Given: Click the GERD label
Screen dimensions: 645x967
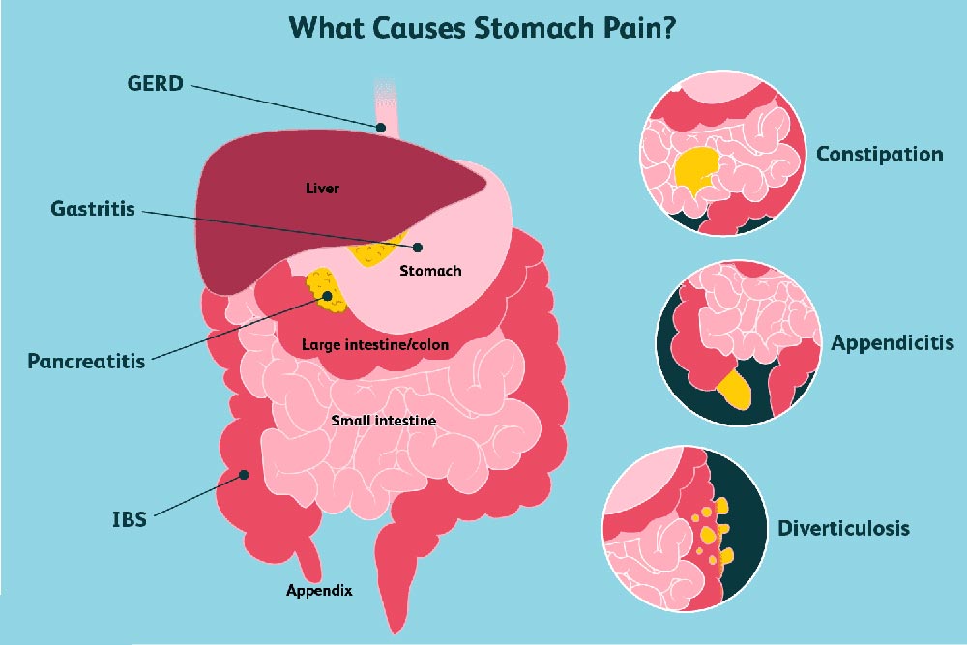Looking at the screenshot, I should coord(155,83).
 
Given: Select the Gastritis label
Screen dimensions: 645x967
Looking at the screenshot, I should coord(93,210).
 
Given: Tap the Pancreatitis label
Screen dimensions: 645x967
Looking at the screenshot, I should coord(86,362).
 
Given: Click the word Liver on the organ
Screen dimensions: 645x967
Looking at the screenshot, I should coord(322,189).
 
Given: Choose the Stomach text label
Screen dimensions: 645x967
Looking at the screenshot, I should coord(430,271).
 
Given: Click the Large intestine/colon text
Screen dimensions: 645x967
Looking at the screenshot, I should coord(374,344).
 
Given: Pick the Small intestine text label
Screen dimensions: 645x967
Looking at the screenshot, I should coord(384,421).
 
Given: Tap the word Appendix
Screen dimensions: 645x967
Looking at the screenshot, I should coord(319,589).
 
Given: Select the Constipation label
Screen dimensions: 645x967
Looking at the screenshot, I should coord(879,154).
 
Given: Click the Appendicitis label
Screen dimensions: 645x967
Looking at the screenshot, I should coord(893,342).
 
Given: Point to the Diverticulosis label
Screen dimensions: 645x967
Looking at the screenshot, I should coord(843,529).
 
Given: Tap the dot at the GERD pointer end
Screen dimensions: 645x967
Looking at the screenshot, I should coord(383,126).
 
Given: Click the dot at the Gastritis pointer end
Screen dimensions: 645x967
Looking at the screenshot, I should coord(418,247).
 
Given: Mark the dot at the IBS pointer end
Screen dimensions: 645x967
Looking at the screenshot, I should coord(245,474).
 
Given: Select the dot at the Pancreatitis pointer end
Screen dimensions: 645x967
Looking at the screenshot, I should coord(327,296).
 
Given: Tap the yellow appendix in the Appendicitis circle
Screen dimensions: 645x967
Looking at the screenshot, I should coord(737,387).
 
